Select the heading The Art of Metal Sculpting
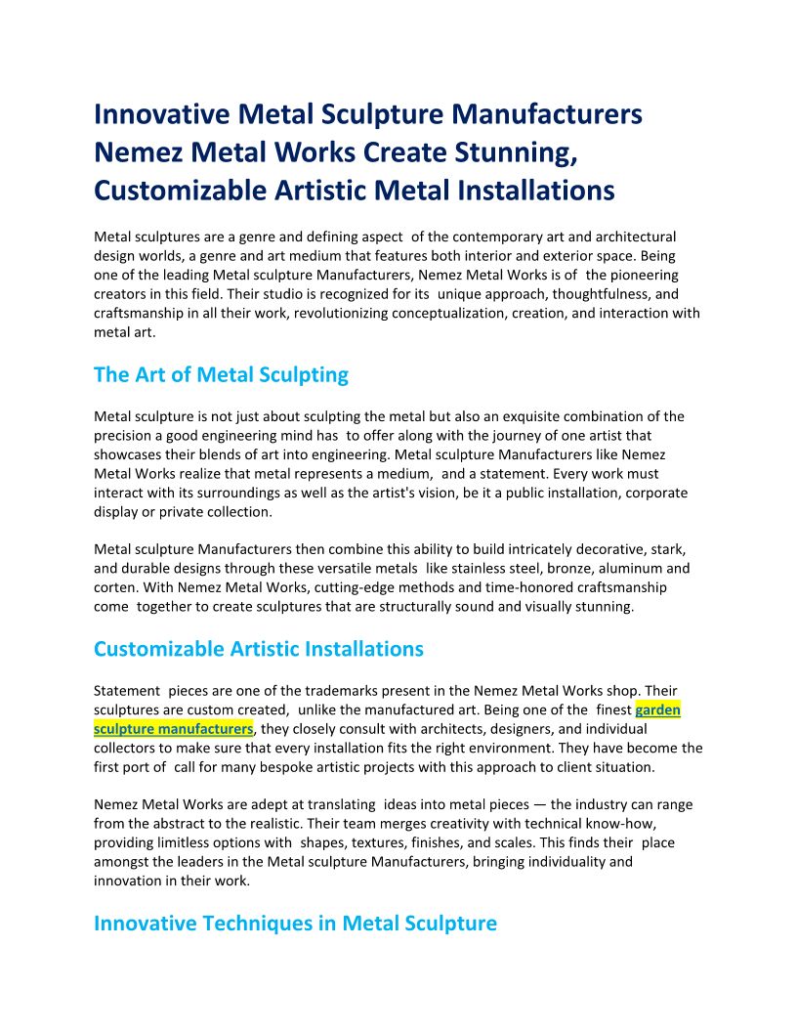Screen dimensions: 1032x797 click(221, 374)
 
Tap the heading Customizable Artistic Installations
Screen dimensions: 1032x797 click(259, 649)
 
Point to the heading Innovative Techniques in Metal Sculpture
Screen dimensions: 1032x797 click(295, 923)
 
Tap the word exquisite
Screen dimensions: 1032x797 click(527, 416)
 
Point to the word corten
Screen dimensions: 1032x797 click(116, 587)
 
